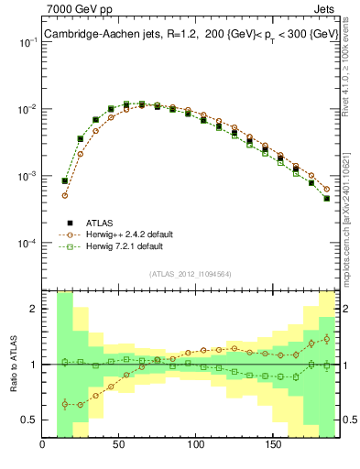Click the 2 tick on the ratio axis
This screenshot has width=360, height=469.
click(34, 310)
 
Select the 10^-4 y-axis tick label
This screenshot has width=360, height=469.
click(27, 243)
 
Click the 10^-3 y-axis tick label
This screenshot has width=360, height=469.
click(27, 176)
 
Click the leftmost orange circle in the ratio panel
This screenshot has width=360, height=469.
click(65, 404)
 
